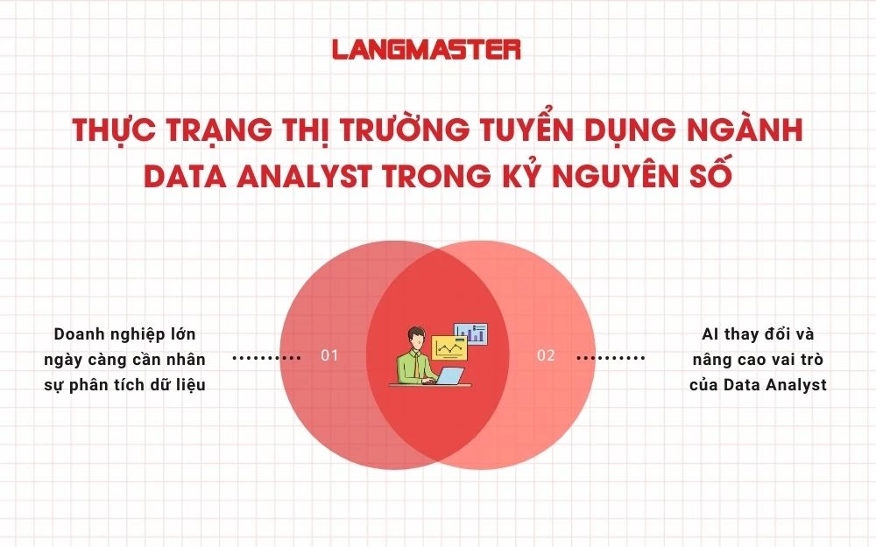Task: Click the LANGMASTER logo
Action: (x=427, y=49)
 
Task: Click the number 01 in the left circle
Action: (x=329, y=356)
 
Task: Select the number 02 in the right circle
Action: (x=546, y=356)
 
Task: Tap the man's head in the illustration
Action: (x=416, y=338)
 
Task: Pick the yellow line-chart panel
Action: (x=449, y=349)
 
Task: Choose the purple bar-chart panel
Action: (x=474, y=333)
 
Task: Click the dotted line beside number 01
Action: (x=266, y=357)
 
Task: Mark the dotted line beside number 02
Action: (x=611, y=357)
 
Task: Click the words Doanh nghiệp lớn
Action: (x=124, y=334)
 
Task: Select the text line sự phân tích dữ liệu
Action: (x=124, y=384)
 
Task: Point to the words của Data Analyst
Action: (x=758, y=384)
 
